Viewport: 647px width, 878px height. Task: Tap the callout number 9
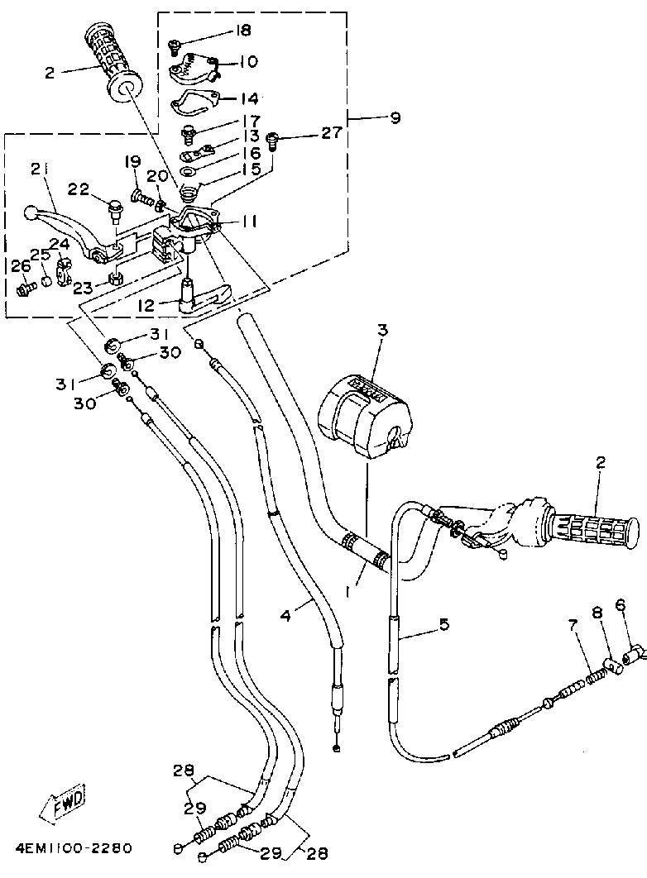tap(395, 117)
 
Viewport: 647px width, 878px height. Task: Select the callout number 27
tap(330, 134)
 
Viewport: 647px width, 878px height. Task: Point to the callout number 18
tap(244, 31)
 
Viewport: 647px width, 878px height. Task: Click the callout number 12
tap(147, 306)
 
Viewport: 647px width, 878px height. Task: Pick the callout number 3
tap(382, 330)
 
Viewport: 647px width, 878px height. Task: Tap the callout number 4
tap(285, 617)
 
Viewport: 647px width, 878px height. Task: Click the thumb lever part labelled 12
tap(204, 298)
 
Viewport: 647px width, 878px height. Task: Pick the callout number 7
tap(573, 625)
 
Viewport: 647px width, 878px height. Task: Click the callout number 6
tap(621, 605)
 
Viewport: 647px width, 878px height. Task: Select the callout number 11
tap(250, 222)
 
